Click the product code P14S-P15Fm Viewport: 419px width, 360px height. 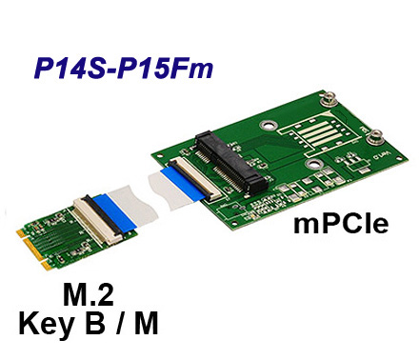coord(123,70)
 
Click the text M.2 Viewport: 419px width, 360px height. coord(88,294)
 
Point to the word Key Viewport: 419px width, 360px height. coord(47,325)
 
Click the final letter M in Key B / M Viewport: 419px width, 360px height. coord(144,324)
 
